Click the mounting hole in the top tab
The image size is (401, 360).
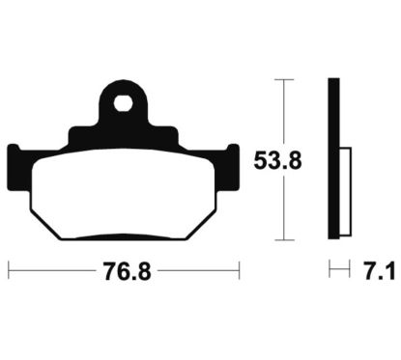(123, 103)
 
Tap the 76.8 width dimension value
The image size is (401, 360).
(127, 271)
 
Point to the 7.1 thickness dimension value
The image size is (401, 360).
(380, 271)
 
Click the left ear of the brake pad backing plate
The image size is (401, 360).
(14, 167)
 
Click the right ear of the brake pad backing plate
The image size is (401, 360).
(233, 167)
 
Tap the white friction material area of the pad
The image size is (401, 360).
(124, 193)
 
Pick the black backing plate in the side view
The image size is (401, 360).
(333, 158)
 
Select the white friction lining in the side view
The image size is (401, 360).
(345, 192)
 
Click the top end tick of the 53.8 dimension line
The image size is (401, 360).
(284, 79)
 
